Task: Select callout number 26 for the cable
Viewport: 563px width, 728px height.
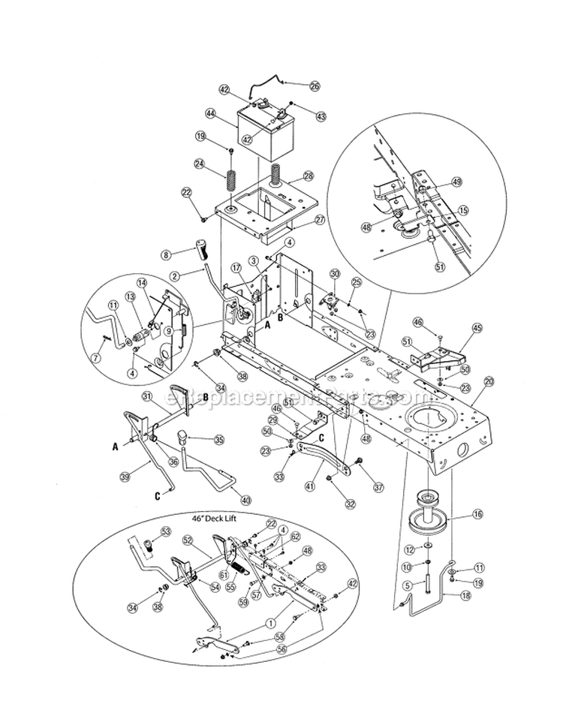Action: click(315, 86)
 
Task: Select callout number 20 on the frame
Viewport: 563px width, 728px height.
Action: click(489, 381)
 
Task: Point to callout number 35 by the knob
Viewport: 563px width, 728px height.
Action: click(219, 440)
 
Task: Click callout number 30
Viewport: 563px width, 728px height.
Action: click(335, 274)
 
